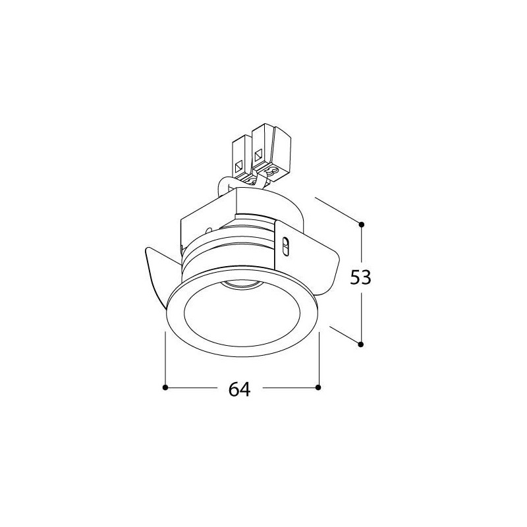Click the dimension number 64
pyautogui.click(x=240, y=389)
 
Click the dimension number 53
pyautogui.click(x=360, y=277)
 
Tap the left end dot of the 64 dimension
pyautogui.click(x=165, y=387)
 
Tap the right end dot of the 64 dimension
pyautogui.click(x=318, y=387)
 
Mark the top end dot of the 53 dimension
pyautogui.click(x=361, y=224)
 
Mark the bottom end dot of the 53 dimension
pyautogui.click(x=361, y=344)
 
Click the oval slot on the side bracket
pyautogui.click(x=286, y=247)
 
